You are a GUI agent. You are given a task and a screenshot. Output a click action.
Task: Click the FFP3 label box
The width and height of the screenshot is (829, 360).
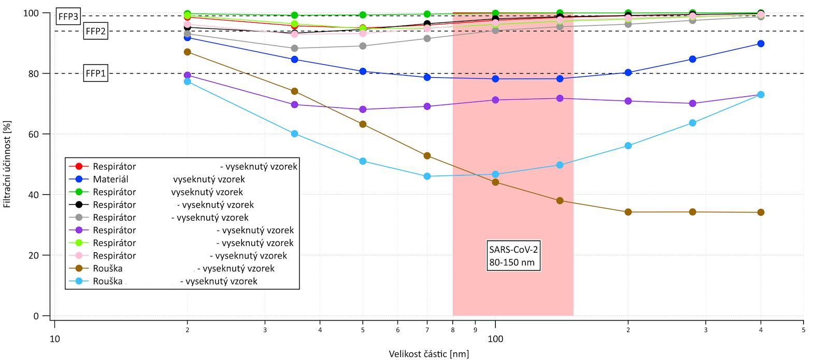(68, 17)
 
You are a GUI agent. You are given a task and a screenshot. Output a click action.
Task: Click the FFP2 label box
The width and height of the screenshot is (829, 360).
(95, 31)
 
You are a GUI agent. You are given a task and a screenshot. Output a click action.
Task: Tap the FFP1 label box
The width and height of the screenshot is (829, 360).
(95, 74)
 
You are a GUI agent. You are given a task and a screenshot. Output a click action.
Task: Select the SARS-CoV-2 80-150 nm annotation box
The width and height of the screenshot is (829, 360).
(514, 255)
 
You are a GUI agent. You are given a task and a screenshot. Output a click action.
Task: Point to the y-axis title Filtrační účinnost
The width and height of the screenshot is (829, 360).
(7, 164)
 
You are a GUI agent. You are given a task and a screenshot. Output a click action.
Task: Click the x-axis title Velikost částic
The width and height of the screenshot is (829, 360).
(429, 354)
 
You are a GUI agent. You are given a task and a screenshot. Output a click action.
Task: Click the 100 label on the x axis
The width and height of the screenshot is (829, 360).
(495, 339)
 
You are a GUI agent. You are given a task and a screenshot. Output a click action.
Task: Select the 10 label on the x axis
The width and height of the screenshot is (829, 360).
(54, 339)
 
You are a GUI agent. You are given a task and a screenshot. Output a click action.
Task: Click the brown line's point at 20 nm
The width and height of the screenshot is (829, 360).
(188, 52)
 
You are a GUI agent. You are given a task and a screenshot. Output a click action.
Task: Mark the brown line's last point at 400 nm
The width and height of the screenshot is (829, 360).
(761, 212)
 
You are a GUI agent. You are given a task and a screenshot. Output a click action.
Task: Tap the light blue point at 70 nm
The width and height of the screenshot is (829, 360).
(427, 176)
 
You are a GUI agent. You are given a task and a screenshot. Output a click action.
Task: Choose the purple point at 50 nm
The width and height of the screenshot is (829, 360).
(363, 109)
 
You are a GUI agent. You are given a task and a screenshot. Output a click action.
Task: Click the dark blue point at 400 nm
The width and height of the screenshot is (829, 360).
(761, 44)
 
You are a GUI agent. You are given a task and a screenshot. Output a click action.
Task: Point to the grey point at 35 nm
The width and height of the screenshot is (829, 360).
(294, 48)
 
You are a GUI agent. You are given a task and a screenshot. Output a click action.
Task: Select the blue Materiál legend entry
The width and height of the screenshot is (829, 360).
(110, 179)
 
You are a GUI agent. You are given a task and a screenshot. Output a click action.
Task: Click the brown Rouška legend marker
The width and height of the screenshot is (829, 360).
(79, 268)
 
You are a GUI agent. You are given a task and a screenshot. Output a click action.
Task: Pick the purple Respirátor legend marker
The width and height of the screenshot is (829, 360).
(79, 230)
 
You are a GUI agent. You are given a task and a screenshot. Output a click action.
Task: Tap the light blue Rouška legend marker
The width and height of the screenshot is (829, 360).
(79, 281)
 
